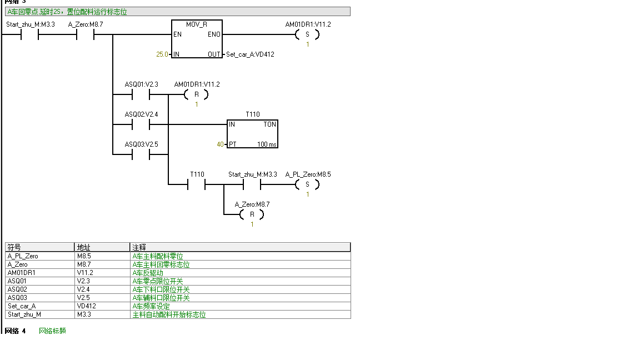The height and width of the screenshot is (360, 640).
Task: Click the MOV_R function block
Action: (197, 39)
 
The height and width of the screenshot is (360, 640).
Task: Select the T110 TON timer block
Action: (252, 134)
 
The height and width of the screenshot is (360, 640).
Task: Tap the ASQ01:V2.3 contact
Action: (141, 94)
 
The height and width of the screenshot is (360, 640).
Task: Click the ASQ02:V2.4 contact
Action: (141, 124)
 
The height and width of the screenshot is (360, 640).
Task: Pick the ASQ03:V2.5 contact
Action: (141, 154)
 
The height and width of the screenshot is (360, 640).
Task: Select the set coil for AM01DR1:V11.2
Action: (307, 34)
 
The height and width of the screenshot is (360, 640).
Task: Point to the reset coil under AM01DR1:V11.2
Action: (196, 94)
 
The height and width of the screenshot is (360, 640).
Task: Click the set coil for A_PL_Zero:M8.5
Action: (307, 184)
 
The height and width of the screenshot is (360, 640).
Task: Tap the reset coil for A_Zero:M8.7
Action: (252, 214)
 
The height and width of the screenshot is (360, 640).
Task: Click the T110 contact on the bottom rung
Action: (197, 184)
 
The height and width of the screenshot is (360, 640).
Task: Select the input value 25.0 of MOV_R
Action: (162, 54)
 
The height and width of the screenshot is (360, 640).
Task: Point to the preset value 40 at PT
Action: (220, 144)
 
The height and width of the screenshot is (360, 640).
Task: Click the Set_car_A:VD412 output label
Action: (250, 54)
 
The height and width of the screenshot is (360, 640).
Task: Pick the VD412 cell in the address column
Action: (85, 306)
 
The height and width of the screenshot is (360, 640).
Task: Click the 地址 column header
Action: (83, 247)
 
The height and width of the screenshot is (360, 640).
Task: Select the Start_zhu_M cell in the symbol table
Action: (24, 314)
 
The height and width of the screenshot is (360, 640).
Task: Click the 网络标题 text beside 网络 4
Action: (52, 331)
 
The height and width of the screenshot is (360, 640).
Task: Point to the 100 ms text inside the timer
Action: (266, 144)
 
